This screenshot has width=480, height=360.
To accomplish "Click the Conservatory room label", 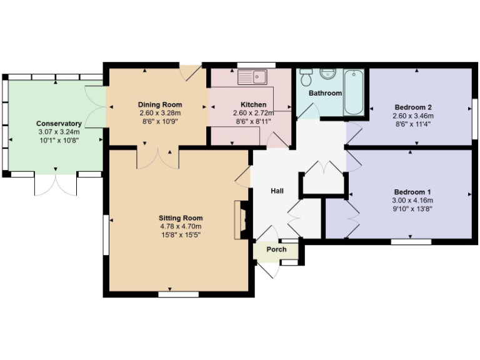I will (59, 124).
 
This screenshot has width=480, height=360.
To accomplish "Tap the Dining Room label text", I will (160, 104).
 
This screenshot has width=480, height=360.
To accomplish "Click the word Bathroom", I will (326, 93).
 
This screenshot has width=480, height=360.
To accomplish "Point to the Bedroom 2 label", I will (413, 106).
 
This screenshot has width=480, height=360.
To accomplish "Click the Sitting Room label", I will (180, 217).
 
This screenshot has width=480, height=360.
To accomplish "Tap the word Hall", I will (278, 191).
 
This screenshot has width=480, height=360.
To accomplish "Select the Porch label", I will (277, 249).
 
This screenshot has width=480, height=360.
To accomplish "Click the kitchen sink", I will (252, 77).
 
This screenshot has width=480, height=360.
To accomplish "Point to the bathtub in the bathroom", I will (354, 92).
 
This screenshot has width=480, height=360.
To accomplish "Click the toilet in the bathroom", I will (306, 77).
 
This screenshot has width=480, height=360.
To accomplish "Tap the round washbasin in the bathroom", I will (327, 73).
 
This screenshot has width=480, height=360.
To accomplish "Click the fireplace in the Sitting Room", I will (239, 219).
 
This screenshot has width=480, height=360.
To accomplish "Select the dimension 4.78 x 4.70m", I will (180, 226).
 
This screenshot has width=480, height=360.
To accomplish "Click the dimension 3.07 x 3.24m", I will (59, 132).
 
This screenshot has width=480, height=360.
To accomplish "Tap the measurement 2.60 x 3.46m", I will (413, 116).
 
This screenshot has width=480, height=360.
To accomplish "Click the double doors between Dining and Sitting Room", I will (157, 157).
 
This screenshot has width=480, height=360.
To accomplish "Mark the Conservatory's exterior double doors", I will (56, 184).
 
